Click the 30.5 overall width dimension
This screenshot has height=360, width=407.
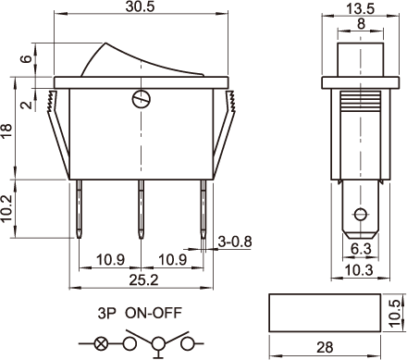point(140,6)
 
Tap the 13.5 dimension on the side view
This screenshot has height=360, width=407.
point(360,8)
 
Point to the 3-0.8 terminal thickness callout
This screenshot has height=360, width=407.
point(235,242)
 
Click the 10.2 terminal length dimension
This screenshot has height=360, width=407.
point(6,208)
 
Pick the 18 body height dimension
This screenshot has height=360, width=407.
point(6,130)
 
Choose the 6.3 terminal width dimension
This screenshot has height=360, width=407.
point(361,249)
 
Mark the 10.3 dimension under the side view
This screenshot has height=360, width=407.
point(359,270)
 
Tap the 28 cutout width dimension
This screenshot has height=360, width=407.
point(325,348)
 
